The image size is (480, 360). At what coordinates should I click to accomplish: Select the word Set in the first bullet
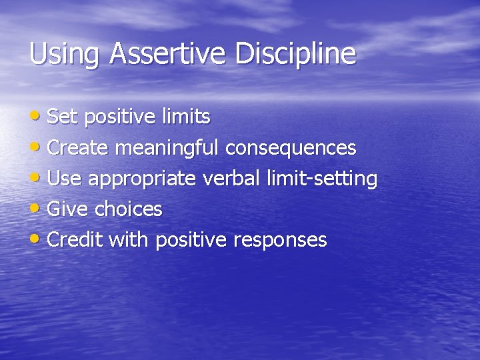pyautogui.click(x=63, y=117)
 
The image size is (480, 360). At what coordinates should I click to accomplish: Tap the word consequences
pyautogui.click(x=290, y=148)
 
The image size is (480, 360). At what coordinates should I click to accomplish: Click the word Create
pyautogui.click(x=79, y=148)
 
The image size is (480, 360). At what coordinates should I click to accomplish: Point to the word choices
pyautogui.click(x=128, y=209)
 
